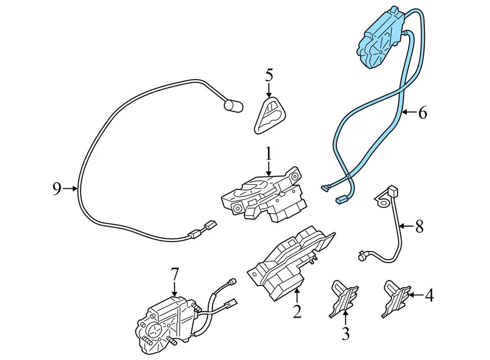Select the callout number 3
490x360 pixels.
(x=346, y=334)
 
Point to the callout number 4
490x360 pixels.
(x=429, y=295)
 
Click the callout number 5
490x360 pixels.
(x=269, y=75)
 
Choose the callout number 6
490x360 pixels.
(x=422, y=113)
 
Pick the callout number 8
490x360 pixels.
(x=419, y=226)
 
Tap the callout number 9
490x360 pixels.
(x=57, y=189)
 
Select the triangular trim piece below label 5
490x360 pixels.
(x=270, y=115)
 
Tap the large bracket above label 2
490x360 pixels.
(x=291, y=260)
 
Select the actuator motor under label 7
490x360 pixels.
(x=163, y=324)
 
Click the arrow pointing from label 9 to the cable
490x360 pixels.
(x=70, y=189)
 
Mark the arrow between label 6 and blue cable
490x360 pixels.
(x=409, y=112)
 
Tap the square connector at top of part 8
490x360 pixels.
(x=393, y=192)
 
